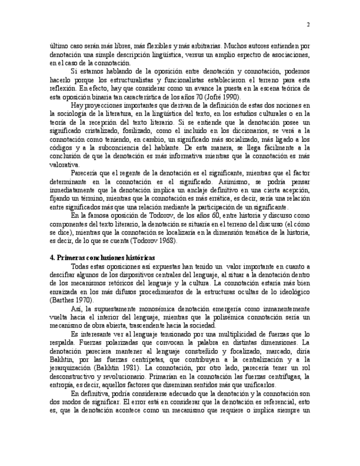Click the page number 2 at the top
click(308, 25)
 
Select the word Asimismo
click(237, 181)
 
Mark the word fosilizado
click(131, 131)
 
